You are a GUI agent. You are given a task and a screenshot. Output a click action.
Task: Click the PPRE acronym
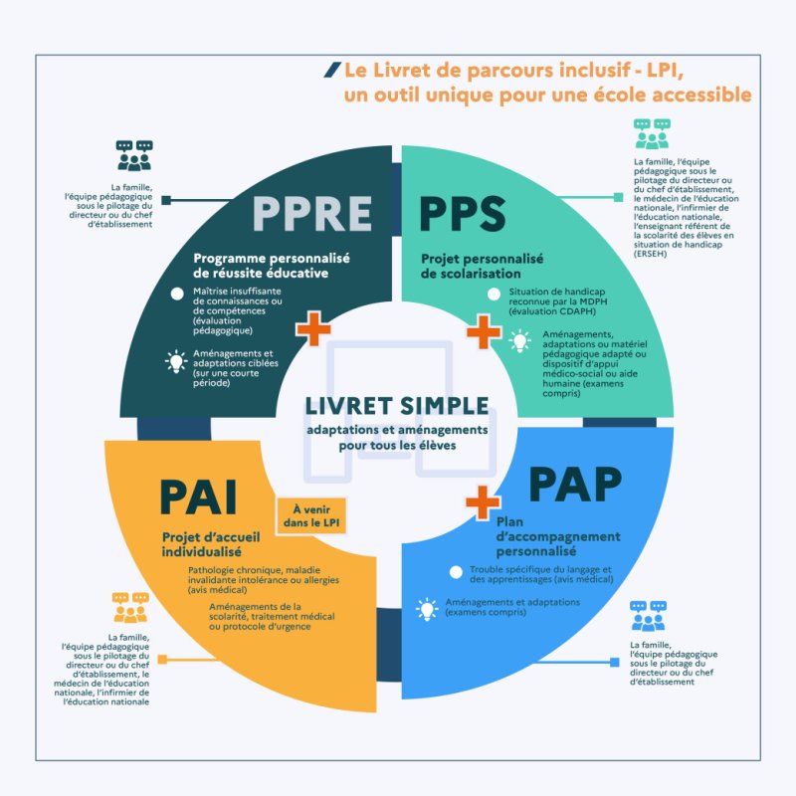pos(311,212)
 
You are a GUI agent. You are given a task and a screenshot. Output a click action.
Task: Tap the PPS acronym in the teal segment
pos(463,212)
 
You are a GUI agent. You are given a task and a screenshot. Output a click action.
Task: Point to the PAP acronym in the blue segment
pos(575,485)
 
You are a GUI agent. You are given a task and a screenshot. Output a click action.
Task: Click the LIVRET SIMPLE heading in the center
pos(397,406)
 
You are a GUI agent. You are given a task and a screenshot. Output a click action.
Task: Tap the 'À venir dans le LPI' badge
pos(310,515)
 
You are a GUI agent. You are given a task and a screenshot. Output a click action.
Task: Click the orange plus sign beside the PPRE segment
pos(312,328)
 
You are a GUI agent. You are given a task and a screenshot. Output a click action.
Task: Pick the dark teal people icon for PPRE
pos(133,155)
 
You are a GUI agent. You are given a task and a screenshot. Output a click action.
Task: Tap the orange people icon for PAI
pos(130,607)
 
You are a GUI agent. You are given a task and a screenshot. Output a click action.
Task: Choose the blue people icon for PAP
pos(649,616)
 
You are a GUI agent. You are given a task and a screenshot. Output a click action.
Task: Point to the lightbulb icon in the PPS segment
pos(519,341)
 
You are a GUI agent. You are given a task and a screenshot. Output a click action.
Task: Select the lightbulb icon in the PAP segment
pos(427,607)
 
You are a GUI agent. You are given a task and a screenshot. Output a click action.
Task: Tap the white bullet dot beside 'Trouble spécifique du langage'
pos(456,572)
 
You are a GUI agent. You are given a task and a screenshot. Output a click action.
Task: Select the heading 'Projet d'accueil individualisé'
pos(205,544)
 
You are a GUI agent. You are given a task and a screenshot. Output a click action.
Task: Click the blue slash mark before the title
pos(331,70)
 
